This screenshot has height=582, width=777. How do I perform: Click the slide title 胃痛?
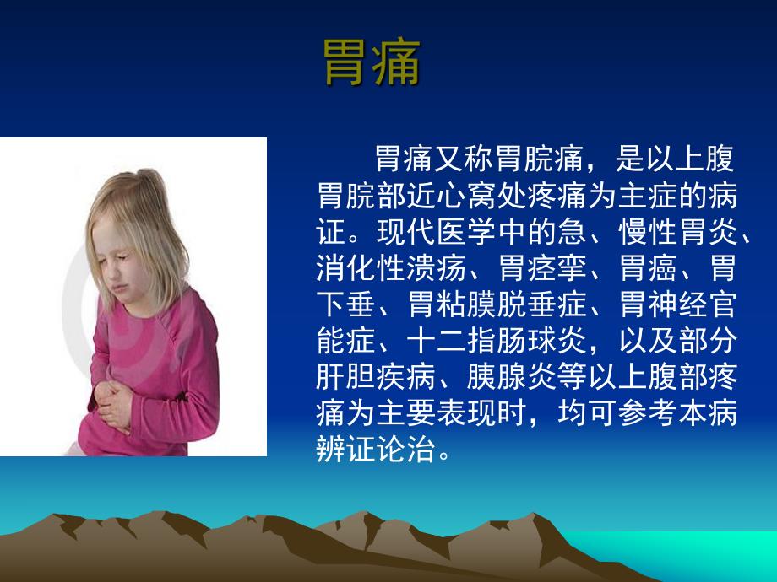pos(372,63)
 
